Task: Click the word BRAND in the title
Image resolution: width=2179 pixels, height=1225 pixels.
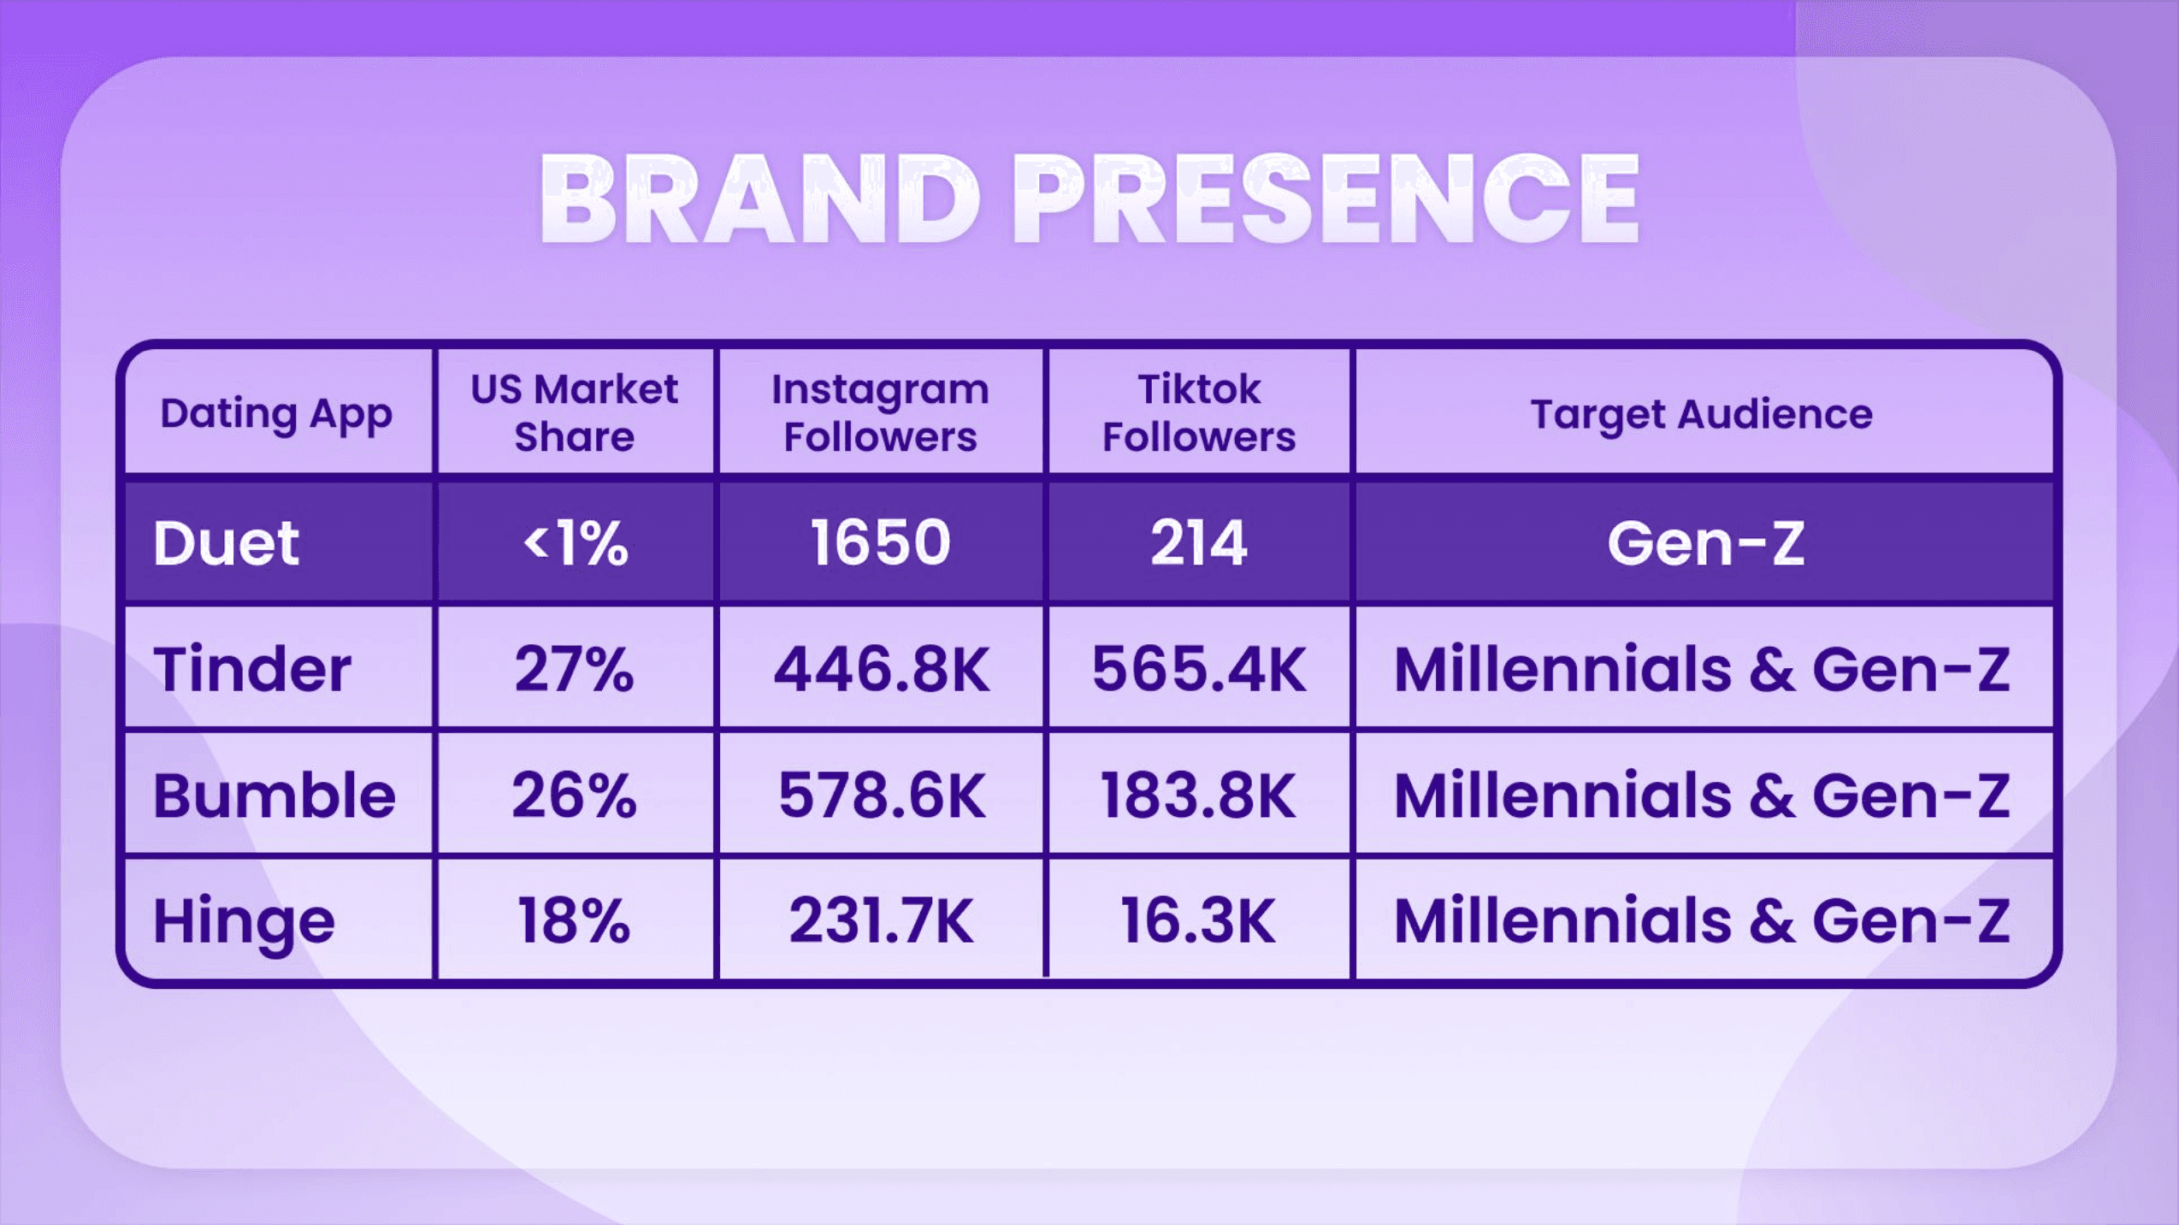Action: tap(760, 199)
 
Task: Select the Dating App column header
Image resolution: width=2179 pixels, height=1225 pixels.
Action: tap(276, 415)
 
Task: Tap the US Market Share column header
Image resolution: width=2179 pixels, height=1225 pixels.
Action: tap(575, 413)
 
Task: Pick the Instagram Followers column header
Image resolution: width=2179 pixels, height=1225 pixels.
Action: tap(881, 413)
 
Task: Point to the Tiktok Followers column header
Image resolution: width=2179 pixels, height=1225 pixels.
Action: tap(1199, 413)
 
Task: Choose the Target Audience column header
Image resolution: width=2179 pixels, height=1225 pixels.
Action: tap(1702, 415)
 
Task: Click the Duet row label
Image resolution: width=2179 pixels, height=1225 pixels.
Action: tap(227, 543)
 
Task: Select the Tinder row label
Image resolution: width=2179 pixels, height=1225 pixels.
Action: tap(252, 669)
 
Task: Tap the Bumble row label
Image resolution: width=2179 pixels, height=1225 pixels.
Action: tap(275, 796)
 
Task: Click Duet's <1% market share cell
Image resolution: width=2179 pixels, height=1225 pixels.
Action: tap(576, 543)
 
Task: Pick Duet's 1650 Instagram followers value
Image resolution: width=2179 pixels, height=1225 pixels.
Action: tap(881, 543)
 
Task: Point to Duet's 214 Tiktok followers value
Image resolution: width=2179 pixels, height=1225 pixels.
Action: tap(1199, 543)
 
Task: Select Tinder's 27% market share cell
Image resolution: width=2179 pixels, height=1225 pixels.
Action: tap(575, 669)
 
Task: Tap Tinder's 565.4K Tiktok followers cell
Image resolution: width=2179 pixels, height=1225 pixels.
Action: tap(1199, 669)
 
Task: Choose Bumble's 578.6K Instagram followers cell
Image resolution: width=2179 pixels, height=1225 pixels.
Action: tap(882, 796)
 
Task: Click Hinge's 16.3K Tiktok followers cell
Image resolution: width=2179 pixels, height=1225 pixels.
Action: tap(1198, 921)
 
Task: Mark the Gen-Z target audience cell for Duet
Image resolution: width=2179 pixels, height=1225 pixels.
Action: tap(1706, 543)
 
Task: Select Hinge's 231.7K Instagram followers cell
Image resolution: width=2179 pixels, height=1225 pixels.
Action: tap(881, 921)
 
